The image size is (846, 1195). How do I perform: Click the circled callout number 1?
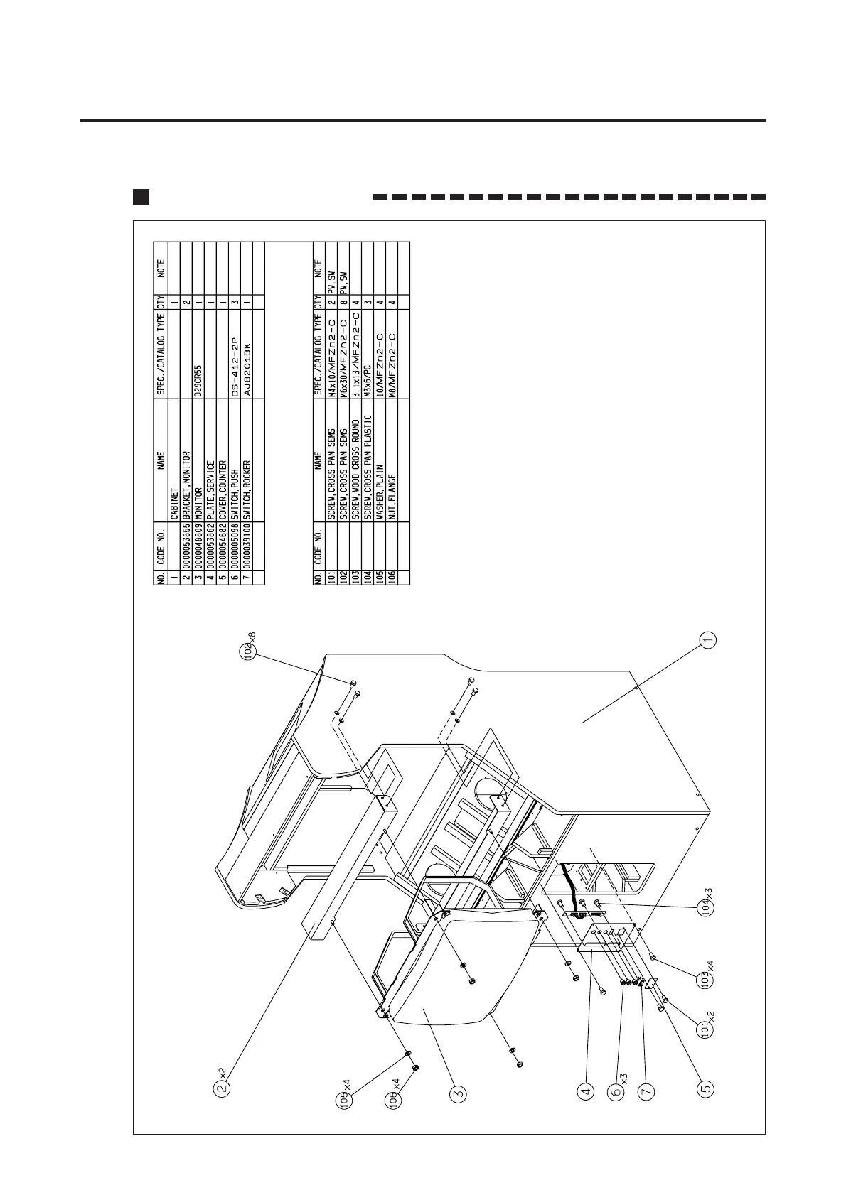(x=707, y=639)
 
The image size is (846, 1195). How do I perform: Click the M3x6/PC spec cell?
(x=368, y=379)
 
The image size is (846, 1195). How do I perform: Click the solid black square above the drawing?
(x=141, y=197)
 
